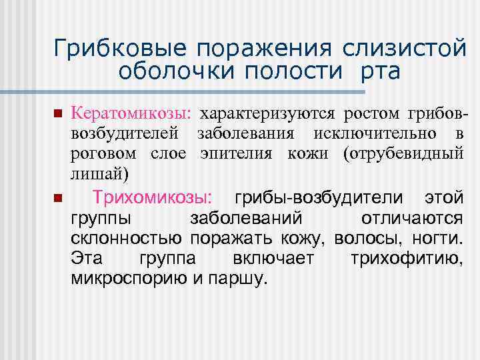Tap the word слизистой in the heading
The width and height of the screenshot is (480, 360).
tap(399, 48)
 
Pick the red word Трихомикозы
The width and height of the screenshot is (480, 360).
tap(153, 198)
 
